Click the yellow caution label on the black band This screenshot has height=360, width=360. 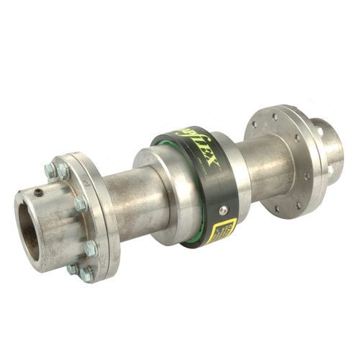pyautogui.click(x=224, y=230)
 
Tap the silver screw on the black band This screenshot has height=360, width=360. pyautogui.click(x=223, y=210)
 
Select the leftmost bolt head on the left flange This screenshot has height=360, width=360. pyautogui.click(x=50, y=171)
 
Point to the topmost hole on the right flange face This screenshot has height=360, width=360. pyautogui.click(x=276, y=114)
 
